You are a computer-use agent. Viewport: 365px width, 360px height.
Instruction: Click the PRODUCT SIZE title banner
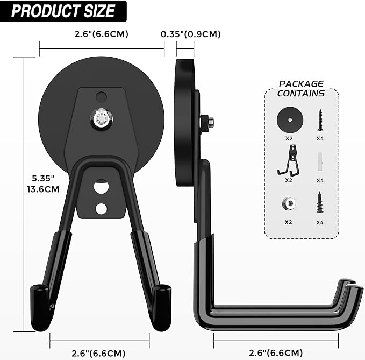pyautogui.click(x=63, y=11)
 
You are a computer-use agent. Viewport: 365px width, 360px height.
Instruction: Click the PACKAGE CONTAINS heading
pyautogui.click(x=301, y=88)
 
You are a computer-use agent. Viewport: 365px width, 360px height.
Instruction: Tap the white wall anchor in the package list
pyautogui.click(x=320, y=160)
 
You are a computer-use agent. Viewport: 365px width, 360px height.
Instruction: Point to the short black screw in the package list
pyautogui.click(x=320, y=202)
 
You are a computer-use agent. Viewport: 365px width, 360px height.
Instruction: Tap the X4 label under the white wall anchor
pyautogui.click(x=320, y=180)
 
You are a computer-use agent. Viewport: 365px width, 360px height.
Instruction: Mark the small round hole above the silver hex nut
pyautogui.click(x=101, y=97)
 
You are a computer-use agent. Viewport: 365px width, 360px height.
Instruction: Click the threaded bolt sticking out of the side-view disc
pyautogui.click(x=208, y=123)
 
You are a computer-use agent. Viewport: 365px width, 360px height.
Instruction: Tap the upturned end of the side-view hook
pyautogui.click(x=349, y=293)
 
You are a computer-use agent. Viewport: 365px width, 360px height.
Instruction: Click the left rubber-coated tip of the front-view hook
pyautogui.click(x=41, y=306)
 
